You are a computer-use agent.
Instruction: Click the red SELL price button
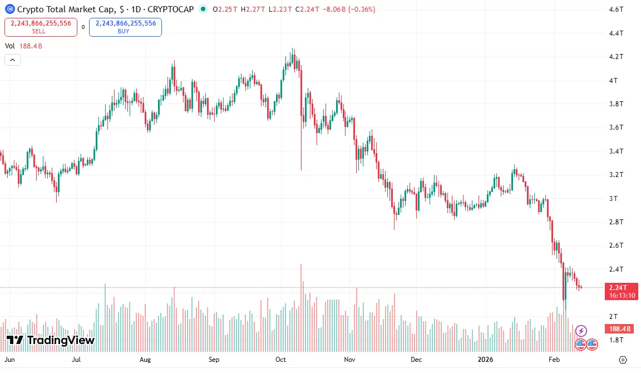pos(41,27)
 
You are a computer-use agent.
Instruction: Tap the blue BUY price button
pos(125,27)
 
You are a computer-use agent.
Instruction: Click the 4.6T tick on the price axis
pos(615,9)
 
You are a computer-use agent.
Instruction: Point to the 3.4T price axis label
pos(615,151)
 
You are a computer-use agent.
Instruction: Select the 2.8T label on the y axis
pos(615,222)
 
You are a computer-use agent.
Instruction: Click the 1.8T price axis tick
pos(615,340)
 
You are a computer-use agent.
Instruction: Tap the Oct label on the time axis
pos(280,360)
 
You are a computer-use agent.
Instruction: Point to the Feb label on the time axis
pos(554,360)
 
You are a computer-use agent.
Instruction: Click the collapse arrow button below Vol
pos(12,60)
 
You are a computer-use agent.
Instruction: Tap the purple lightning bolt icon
pos(581,331)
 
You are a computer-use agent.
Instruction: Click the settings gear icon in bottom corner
pos(623,360)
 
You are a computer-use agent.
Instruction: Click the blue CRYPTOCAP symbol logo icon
pos(9,9)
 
